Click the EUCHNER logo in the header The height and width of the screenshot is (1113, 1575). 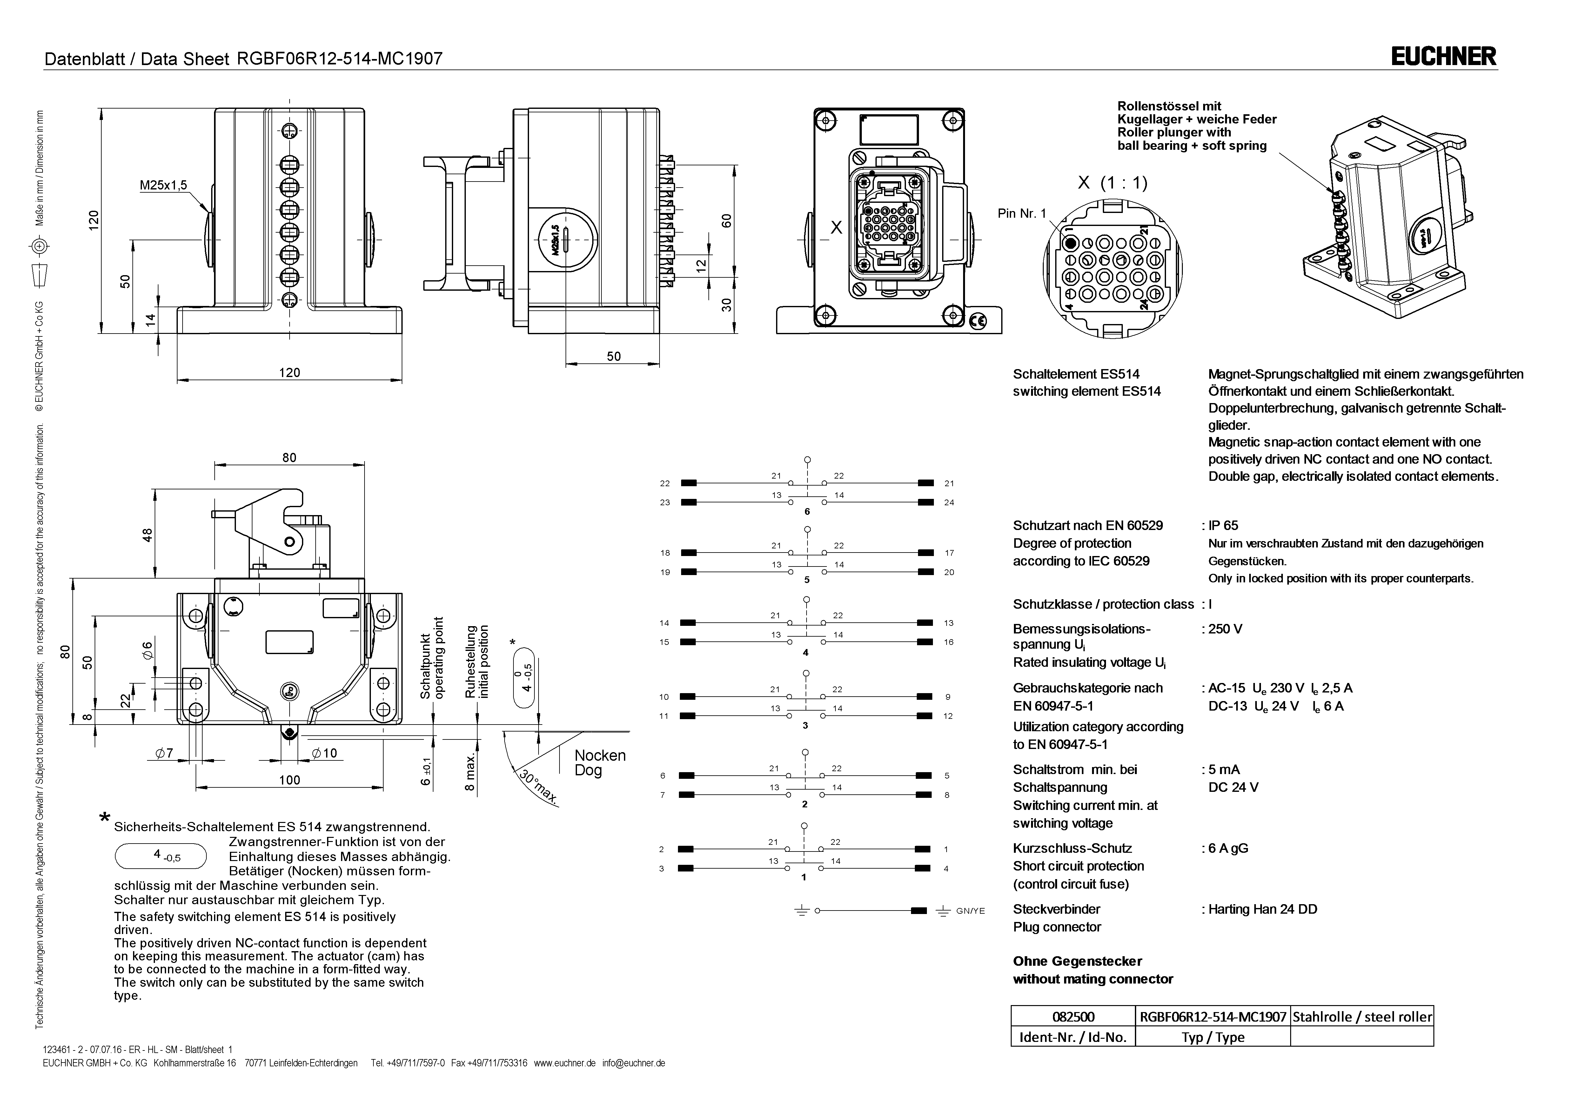pyautogui.click(x=1443, y=56)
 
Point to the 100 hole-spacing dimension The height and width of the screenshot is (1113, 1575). pyautogui.click(x=290, y=780)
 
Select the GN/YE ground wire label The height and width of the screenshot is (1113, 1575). pyautogui.click(x=970, y=911)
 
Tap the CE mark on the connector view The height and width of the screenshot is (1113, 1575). pyautogui.click(x=977, y=320)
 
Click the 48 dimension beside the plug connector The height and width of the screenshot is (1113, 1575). pyautogui.click(x=147, y=535)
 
